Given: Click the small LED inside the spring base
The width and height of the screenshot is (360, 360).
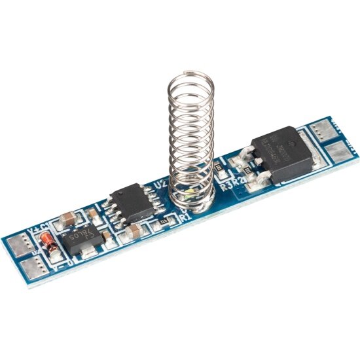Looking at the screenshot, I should click(187, 194).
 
